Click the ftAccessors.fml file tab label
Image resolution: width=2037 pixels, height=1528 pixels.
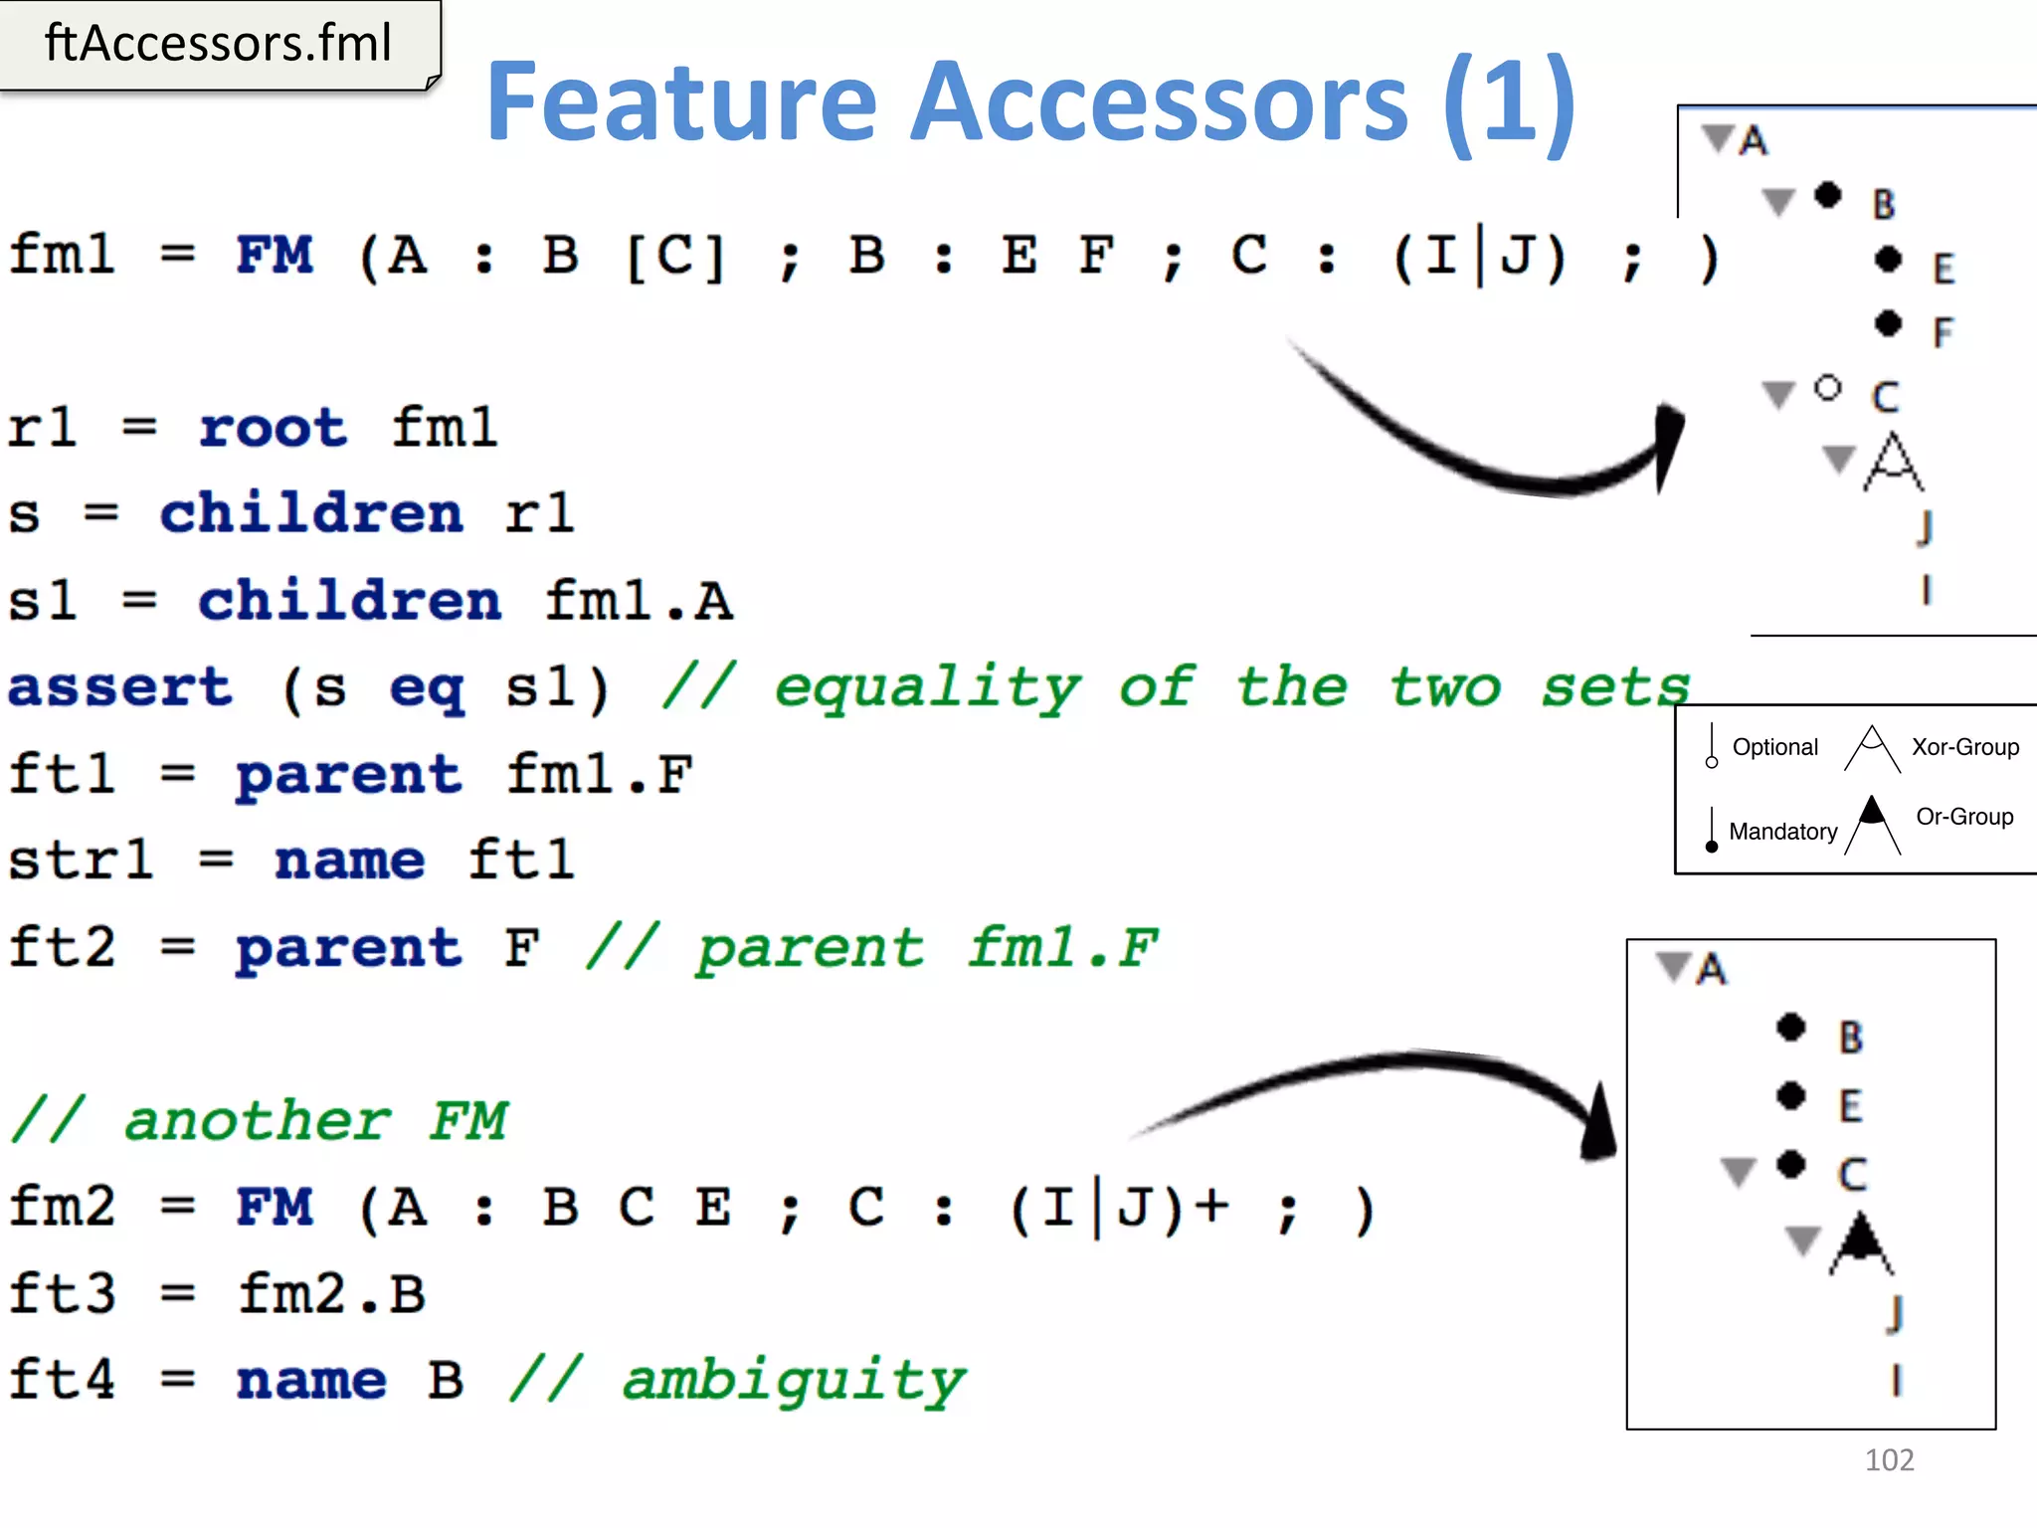[218, 44]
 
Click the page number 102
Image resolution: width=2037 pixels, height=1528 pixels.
[1889, 1459]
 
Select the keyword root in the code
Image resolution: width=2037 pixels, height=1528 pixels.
[273, 429]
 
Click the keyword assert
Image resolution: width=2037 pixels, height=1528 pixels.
[120, 687]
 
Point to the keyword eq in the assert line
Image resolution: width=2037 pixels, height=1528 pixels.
[427, 689]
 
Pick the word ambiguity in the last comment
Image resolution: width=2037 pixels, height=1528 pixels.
[793, 1382]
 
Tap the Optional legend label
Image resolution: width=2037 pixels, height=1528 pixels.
[1774, 747]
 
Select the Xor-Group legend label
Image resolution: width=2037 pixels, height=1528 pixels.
[1964, 747]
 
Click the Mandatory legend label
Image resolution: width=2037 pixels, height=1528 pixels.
[1782, 832]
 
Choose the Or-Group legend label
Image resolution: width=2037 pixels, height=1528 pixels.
[1964, 817]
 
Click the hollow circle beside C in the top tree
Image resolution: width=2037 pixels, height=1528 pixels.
[1827, 388]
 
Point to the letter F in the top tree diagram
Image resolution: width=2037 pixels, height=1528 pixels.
[1943, 331]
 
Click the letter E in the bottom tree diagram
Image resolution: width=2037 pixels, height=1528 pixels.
[1850, 1106]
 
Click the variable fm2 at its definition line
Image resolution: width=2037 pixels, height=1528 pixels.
[63, 1207]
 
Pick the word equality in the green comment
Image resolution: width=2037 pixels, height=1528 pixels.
[927, 687]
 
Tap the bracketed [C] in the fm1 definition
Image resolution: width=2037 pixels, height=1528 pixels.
[674, 256]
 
